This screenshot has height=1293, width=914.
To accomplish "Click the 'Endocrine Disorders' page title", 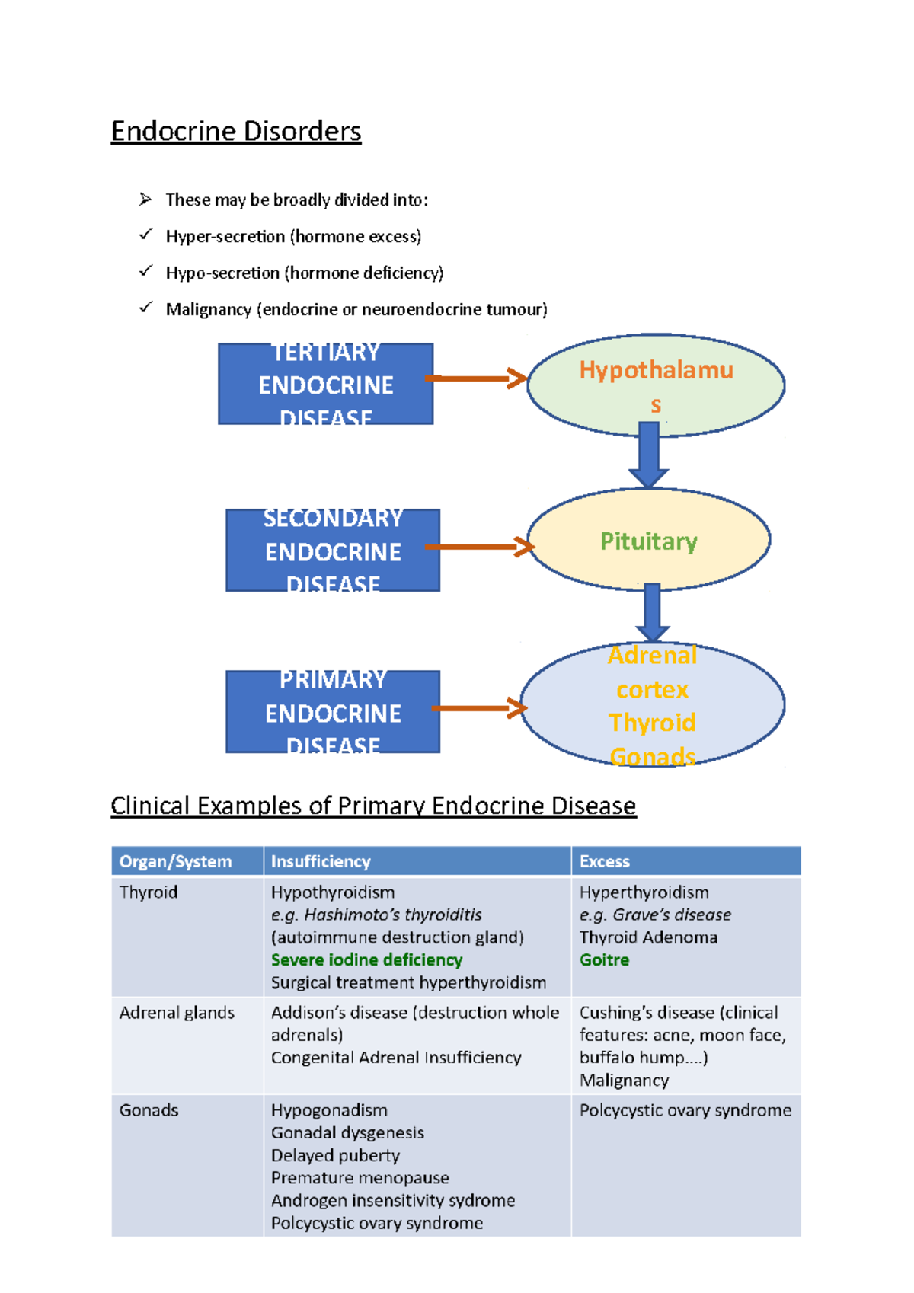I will [235, 132].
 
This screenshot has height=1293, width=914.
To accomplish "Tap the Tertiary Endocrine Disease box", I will [325, 384].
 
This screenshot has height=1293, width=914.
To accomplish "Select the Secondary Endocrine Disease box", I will [333, 551].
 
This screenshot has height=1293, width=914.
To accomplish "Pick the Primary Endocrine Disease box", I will [333, 712].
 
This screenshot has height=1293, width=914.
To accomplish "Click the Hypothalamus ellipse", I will [655, 385].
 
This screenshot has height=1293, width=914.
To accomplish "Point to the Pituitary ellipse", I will [648, 541].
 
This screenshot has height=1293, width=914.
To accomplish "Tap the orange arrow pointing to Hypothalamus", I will [475, 378].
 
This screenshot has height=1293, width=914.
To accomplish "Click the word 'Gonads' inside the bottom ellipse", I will [652, 756].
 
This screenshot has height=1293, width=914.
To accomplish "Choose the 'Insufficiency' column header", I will [321, 861].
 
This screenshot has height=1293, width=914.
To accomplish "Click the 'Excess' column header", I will [605, 861].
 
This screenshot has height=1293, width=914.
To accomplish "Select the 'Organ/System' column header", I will [175, 861].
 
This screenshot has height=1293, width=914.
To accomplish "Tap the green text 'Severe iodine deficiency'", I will [366, 959].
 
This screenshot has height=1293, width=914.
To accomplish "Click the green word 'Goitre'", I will [604, 959].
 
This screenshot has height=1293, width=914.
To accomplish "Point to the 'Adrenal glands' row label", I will [177, 1013].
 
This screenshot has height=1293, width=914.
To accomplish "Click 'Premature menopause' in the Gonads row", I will [360, 1178].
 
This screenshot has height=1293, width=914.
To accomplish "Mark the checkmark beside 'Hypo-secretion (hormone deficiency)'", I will [145, 271].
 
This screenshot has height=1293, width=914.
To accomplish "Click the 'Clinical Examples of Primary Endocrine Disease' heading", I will [373, 806].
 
